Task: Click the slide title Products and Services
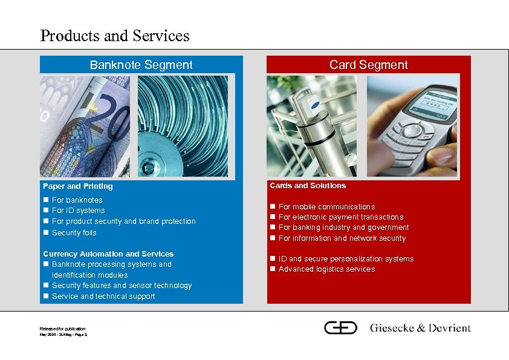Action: (115, 36)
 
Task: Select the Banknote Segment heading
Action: (141, 65)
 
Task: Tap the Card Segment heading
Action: (368, 65)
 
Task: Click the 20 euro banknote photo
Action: (85, 126)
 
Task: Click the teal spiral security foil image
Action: (183, 126)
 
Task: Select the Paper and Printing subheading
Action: (77, 186)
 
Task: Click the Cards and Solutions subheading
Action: (308, 186)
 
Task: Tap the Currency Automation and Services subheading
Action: (108, 254)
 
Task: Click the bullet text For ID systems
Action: (78, 211)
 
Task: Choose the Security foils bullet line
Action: (74, 233)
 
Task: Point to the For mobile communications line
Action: (326, 207)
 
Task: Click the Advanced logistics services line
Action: (326, 269)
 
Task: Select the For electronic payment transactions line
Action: (340, 217)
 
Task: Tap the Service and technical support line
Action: (103, 296)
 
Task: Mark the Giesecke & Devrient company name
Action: (420, 329)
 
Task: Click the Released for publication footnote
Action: (62, 329)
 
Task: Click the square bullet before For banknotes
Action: (45, 200)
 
